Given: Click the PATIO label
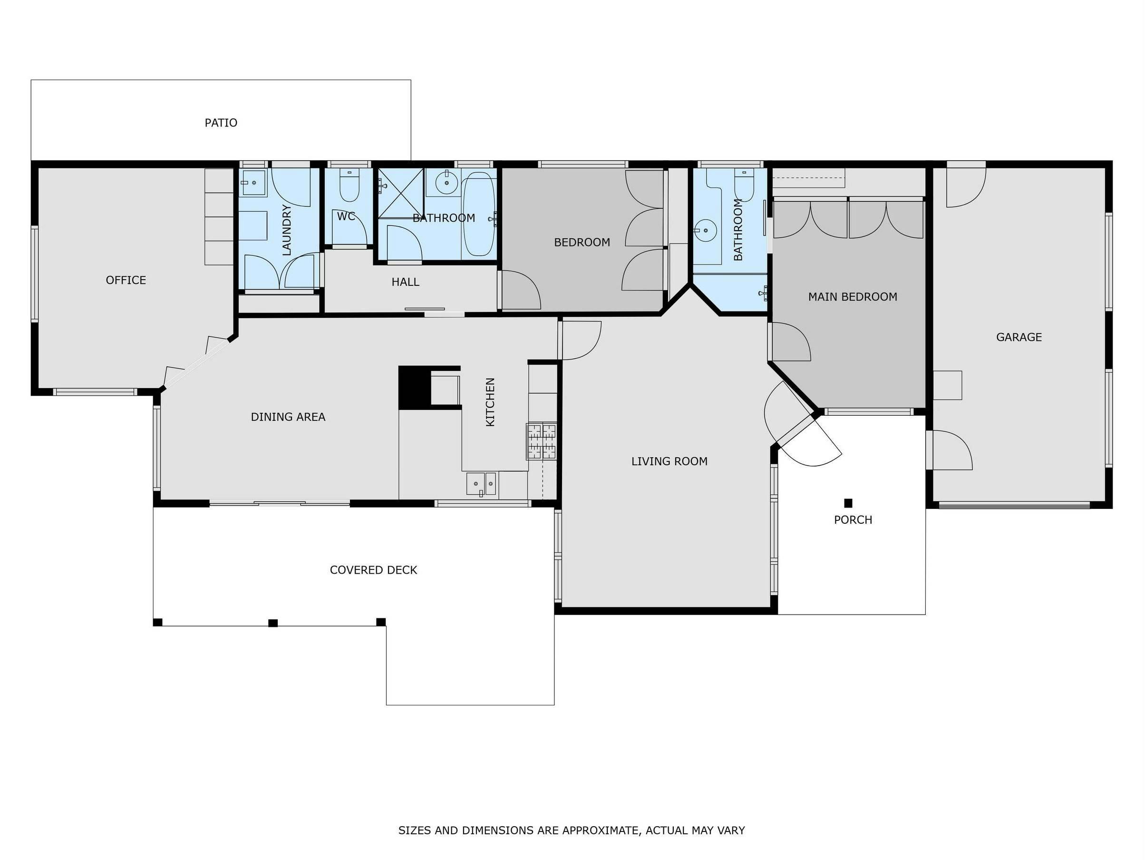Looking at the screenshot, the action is [221, 123].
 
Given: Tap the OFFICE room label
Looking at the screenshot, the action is [126, 280].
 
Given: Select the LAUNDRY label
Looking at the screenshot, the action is [286, 230].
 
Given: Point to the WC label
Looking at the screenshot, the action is [346, 216].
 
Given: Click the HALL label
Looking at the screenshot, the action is [405, 282].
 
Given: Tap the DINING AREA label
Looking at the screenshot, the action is [288, 417].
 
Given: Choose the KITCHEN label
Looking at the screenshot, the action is [490, 402].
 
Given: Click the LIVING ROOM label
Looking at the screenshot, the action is [670, 461].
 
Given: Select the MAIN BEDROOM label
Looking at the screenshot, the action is [853, 297].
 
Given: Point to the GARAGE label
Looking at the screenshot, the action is [1019, 337].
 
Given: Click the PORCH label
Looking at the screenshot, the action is [853, 520].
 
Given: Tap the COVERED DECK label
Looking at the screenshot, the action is [373, 570].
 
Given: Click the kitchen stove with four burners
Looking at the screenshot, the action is [542, 441].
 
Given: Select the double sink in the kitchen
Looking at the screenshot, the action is [481, 484].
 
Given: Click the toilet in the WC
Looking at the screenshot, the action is [349, 186].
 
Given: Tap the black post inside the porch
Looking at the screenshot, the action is [848, 503].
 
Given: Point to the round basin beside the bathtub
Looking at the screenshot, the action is [446, 182].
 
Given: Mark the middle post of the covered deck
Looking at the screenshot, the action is [273, 623].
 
